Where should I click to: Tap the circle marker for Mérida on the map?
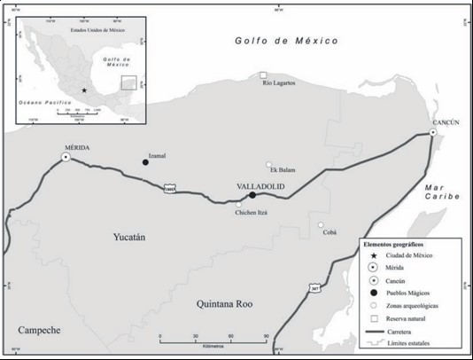coord(66,158)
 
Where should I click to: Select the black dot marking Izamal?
coord(146,161)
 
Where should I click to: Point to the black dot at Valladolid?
coord(252,195)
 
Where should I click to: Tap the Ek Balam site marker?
coord(269,164)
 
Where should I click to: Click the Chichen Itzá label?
coord(251,213)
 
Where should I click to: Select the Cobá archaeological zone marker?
coord(322,225)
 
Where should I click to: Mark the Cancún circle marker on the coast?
coord(433,132)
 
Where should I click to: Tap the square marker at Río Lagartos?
coord(262,75)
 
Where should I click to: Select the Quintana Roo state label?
coord(224,304)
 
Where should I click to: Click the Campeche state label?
coord(38,330)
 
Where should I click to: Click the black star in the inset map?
coord(84,90)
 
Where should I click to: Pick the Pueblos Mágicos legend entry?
coord(404,293)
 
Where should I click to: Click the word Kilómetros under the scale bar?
coord(213,346)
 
